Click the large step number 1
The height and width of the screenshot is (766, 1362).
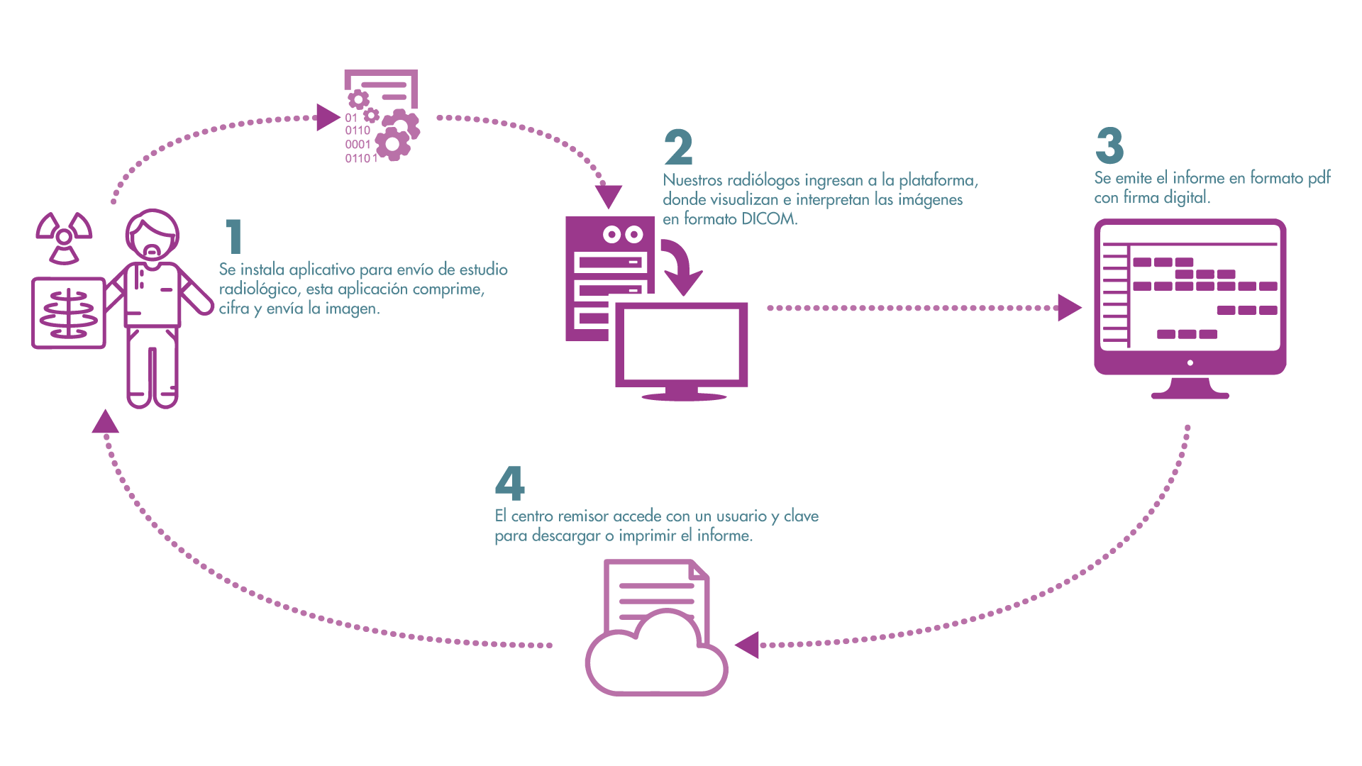[234, 236]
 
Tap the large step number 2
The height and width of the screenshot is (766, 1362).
[678, 148]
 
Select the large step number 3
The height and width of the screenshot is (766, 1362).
[1109, 145]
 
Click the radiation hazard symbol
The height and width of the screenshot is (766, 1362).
[64, 236]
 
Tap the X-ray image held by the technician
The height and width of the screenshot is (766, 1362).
[69, 313]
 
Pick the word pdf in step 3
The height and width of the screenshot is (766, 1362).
[1319, 178]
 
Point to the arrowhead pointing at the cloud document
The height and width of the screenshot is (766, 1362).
[748, 645]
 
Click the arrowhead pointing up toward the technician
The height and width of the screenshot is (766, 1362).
[106, 422]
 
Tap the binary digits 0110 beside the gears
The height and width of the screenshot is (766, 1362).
[358, 131]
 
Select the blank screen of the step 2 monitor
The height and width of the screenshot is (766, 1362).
[681, 344]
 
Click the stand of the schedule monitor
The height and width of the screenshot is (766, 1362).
[1190, 389]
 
